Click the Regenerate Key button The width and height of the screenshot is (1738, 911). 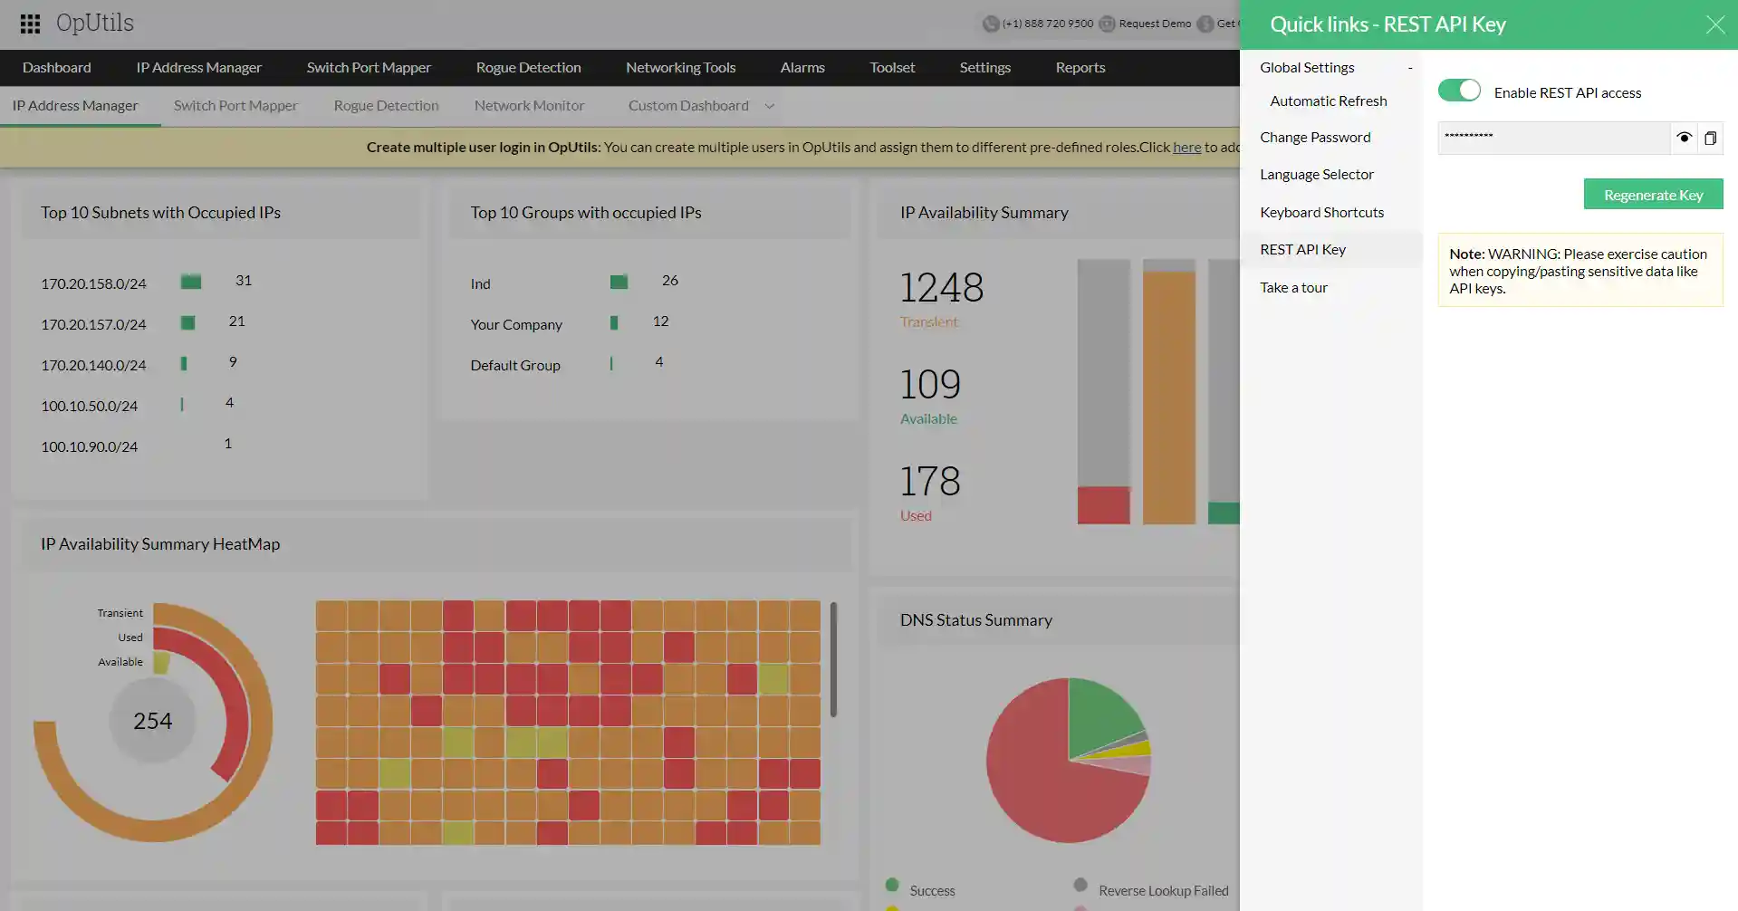[x=1653, y=195]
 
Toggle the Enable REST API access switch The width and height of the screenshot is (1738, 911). [x=1459, y=91]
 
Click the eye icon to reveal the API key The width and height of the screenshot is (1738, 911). [x=1684, y=138]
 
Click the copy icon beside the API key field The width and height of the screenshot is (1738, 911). [x=1710, y=139]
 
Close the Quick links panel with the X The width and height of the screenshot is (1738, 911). [x=1714, y=24]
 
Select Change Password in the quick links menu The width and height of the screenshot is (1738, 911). [x=1315, y=138]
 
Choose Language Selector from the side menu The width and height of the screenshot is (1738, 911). [x=1316, y=175]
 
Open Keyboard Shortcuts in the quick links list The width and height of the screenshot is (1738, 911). [x=1321, y=213]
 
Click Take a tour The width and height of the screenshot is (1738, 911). [x=1293, y=288]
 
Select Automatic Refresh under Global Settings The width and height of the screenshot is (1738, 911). [x=1328, y=101]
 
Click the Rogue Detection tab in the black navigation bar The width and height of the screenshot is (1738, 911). [x=528, y=68]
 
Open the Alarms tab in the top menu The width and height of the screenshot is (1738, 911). [x=802, y=68]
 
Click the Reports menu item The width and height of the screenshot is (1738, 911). [x=1080, y=68]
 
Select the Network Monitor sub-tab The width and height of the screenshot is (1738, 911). [x=529, y=106]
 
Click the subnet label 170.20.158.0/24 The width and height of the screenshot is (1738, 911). [x=93, y=284]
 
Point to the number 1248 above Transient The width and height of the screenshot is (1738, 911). [x=941, y=288]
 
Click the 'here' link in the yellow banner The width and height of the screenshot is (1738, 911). [x=1186, y=148]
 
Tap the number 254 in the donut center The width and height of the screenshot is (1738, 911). [x=152, y=721]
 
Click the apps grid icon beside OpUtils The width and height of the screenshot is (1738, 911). [x=30, y=24]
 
